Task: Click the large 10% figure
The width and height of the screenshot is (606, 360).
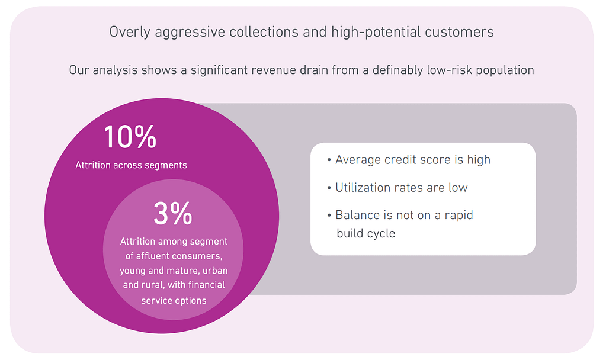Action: point(130,137)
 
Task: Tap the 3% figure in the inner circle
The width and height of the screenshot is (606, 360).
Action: point(173,213)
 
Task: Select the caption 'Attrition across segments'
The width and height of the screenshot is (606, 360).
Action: point(131,165)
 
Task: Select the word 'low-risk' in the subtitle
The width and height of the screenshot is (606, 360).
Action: point(449,70)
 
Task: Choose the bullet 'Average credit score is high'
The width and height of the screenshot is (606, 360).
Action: point(413,160)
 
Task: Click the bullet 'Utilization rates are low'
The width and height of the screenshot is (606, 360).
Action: point(401,188)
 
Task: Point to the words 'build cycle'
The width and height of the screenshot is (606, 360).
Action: point(365,233)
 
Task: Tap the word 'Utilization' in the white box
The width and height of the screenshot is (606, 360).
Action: point(363,188)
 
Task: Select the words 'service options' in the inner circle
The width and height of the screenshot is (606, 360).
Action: point(174,300)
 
